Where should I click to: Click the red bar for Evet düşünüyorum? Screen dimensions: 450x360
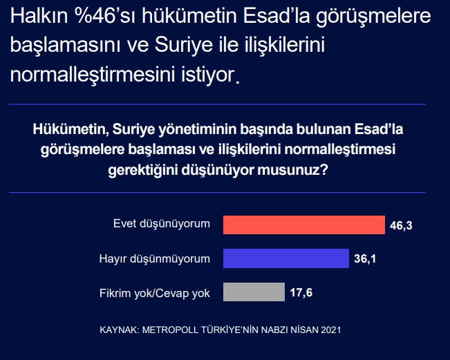click(x=304, y=225)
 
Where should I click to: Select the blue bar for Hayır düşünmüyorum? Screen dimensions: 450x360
click(x=286, y=258)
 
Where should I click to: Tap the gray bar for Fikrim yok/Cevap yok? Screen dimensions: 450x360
click(x=254, y=292)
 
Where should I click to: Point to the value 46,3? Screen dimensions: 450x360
click(x=401, y=226)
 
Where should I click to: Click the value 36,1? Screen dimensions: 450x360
click(x=365, y=258)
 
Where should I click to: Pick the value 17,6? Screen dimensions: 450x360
click(x=301, y=292)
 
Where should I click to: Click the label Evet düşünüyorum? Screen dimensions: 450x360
click(x=162, y=224)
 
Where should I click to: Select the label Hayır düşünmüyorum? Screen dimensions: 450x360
click(x=155, y=258)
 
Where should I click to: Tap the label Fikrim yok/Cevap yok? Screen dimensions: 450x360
click(x=155, y=294)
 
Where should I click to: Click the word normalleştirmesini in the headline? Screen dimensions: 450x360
click(x=93, y=75)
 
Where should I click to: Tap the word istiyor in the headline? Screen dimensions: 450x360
click(x=208, y=75)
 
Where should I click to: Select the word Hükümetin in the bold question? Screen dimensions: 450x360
click(x=71, y=129)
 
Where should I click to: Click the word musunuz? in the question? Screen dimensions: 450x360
click(x=292, y=170)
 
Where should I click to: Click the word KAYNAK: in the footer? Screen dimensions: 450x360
click(x=120, y=330)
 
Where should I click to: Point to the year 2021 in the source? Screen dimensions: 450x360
click(x=331, y=330)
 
